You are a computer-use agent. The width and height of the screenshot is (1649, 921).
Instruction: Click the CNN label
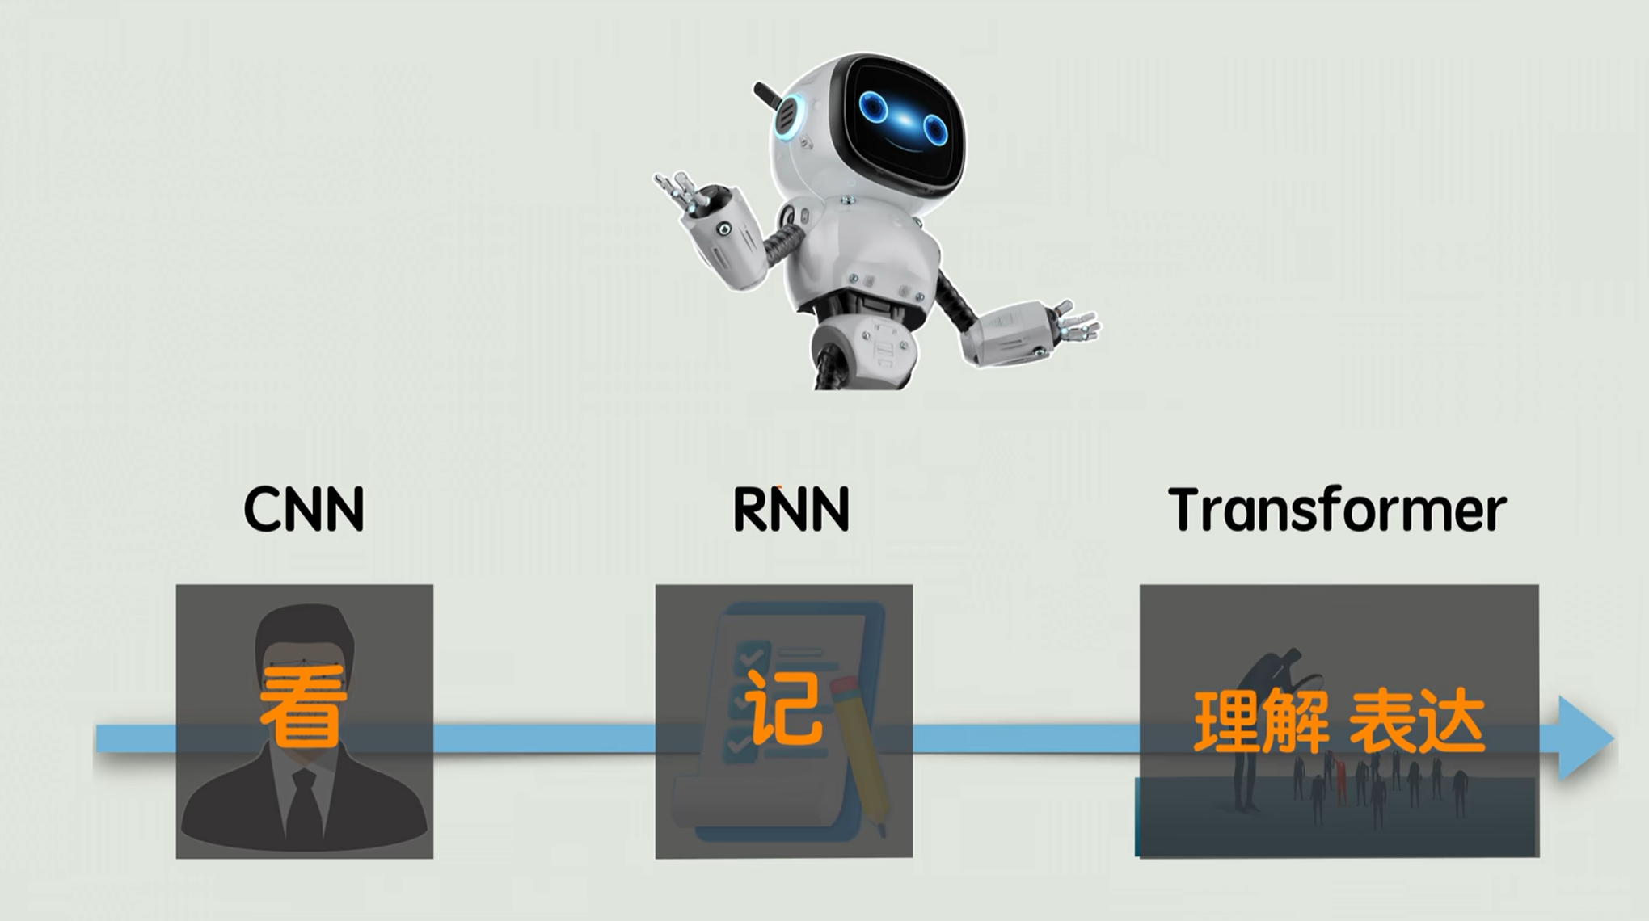(x=304, y=509)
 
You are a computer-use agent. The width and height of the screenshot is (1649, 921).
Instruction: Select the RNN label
(x=791, y=509)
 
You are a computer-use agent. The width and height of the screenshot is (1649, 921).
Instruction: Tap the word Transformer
(x=1337, y=509)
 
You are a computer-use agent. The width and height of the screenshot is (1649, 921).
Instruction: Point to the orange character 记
(x=783, y=708)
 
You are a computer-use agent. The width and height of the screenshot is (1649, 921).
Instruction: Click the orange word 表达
(x=1416, y=721)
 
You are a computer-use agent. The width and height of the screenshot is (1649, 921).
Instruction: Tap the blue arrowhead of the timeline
(x=1584, y=738)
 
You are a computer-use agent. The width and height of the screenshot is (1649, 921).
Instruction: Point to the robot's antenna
(x=768, y=96)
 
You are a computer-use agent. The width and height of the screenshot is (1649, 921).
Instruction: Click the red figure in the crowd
(x=1341, y=780)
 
